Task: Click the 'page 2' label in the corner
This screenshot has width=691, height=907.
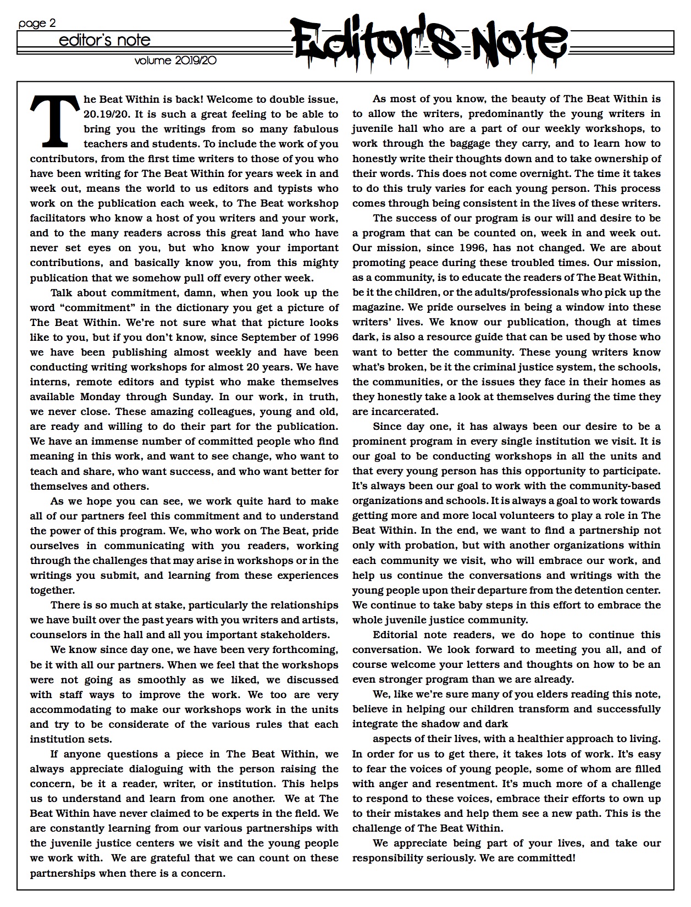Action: [37, 24]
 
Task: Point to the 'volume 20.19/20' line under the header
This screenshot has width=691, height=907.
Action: [175, 60]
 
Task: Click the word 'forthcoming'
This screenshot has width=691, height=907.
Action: [305, 650]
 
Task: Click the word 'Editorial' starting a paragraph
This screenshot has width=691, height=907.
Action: [399, 635]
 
